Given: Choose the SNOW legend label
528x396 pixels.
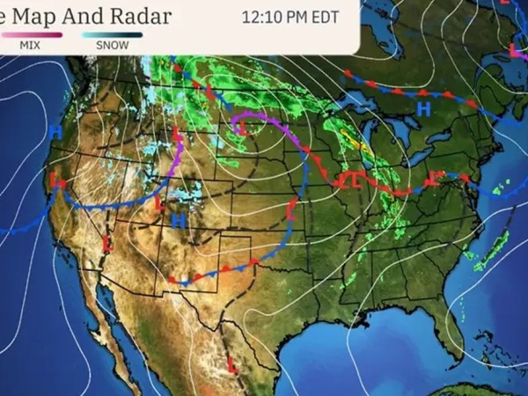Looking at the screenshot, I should tap(110, 44).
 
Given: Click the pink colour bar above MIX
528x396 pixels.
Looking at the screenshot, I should tap(32, 34).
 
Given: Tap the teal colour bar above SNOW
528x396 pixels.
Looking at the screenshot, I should tap(111, 34).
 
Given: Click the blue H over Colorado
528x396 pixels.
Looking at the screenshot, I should tap(178, 221).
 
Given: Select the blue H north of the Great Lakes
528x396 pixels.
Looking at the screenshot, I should tap(423, 109).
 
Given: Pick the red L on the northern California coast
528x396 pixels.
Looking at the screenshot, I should tap(57, 180).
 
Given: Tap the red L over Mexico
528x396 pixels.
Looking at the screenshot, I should tap(232, 363).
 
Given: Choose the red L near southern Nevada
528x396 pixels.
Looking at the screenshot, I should tap(107, 242).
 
